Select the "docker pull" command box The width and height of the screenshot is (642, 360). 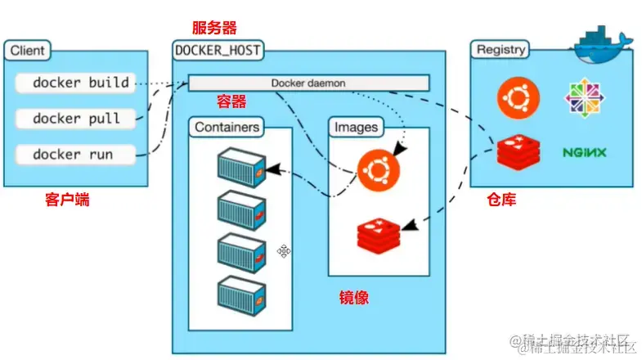(x=75, y=119)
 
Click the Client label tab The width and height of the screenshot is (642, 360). (x=28, y=51)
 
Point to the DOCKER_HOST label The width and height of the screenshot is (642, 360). (x=218, y=51)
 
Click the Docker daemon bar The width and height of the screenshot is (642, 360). (x=309, y=83)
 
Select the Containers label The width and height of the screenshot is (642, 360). (x=228, y=128)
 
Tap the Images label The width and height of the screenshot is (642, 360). (x=356, y=128)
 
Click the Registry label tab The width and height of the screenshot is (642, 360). (x=501, y=49)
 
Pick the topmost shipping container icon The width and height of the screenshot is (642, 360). (x=242, y=165)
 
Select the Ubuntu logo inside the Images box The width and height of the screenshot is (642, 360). (x=377, y=170)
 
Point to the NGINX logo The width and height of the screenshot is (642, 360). (x=584, y=152)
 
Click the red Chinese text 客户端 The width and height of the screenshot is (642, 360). (x=67, y=199)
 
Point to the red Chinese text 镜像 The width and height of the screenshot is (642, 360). (x=354, y=297)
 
